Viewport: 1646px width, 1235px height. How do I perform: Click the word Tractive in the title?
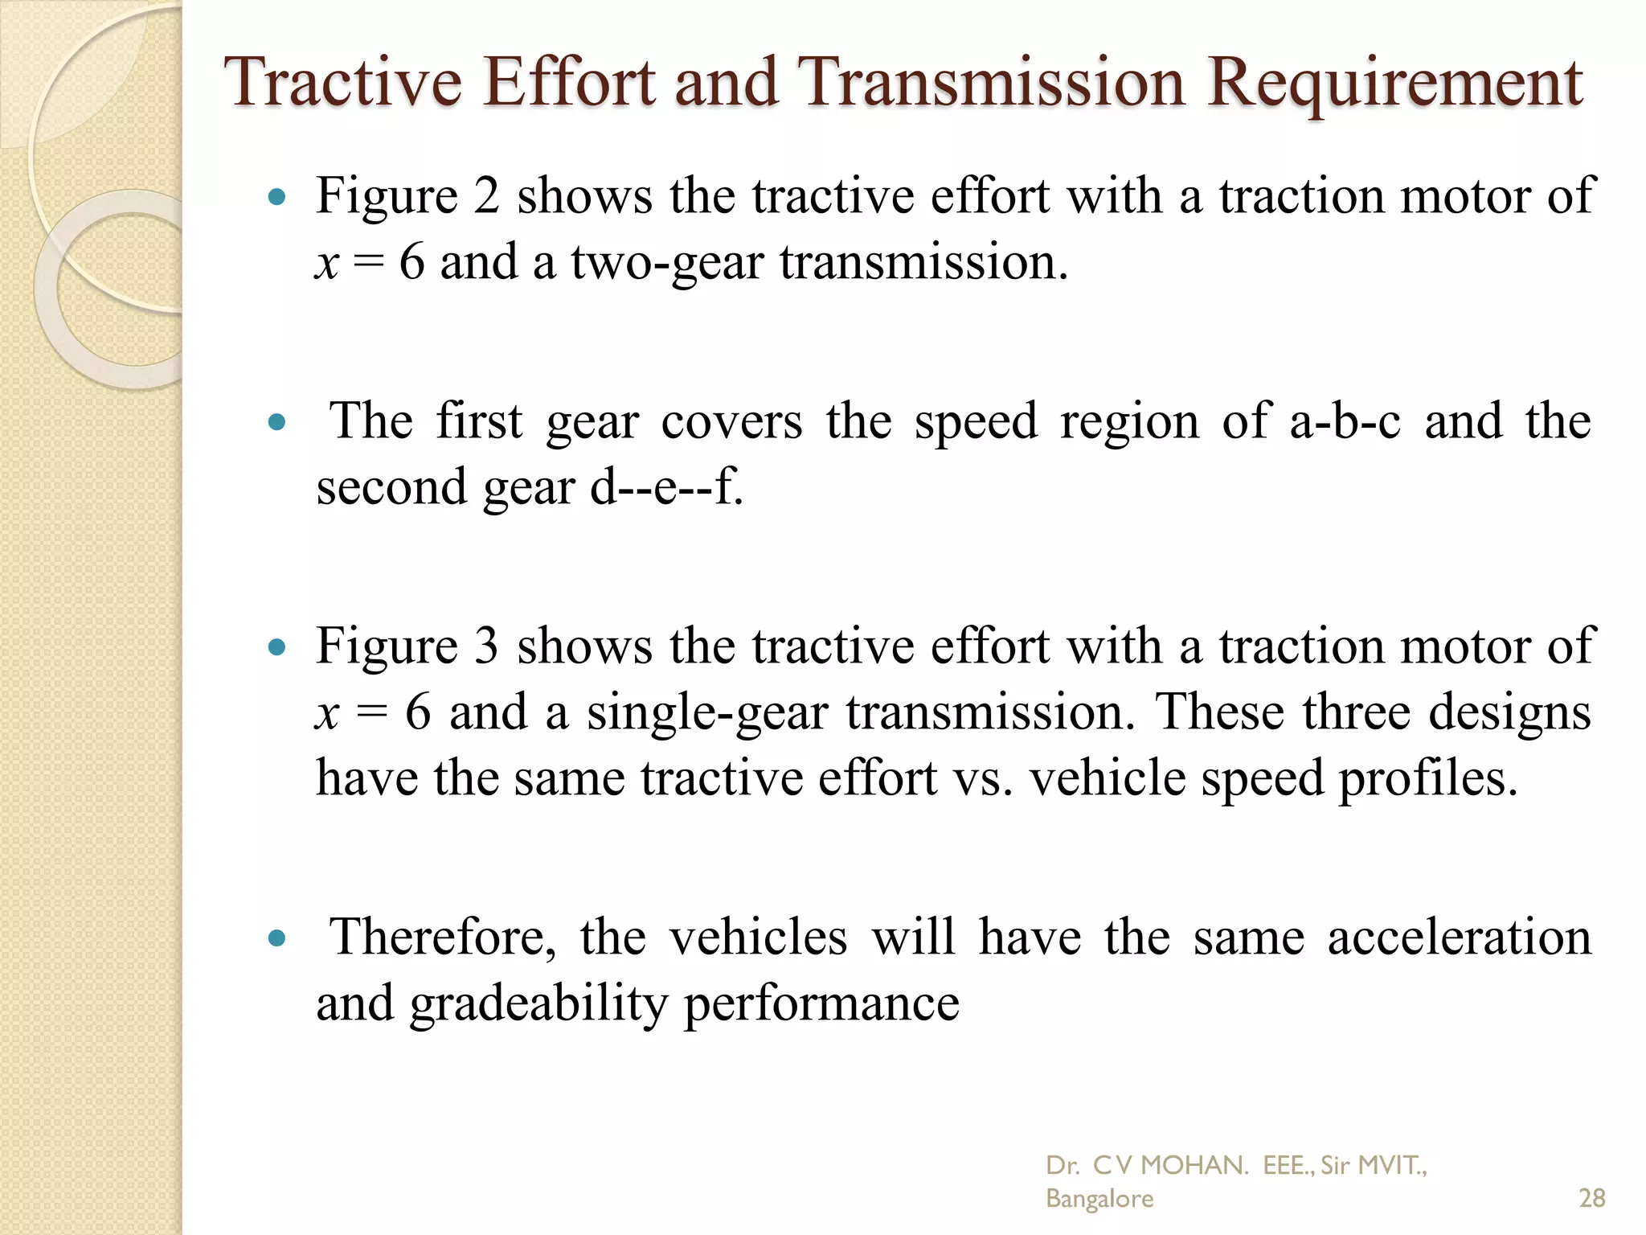click(344, 83)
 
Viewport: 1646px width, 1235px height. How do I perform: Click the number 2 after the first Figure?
click(486, 195)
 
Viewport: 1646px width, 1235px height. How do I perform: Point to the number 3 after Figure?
click(486, 646)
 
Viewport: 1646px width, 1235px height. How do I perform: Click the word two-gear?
click(666, 263)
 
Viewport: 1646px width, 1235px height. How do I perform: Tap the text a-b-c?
click(1345, 421)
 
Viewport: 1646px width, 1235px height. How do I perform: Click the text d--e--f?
click(667, 487)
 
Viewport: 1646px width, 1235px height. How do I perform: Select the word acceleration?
click(1459, 937)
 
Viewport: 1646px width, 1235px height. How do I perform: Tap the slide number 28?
click(1591, 1198)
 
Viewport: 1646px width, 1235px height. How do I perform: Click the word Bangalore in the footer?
click(1099, 1199)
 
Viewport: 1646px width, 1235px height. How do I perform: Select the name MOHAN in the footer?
click(1194, 1165)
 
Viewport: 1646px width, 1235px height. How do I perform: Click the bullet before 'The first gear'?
click(276, 422)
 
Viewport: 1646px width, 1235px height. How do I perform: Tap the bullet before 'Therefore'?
click(276, 938)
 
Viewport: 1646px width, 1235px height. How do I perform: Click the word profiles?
click(1427, 778)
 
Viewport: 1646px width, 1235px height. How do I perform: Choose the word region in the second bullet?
click(1129, 421)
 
